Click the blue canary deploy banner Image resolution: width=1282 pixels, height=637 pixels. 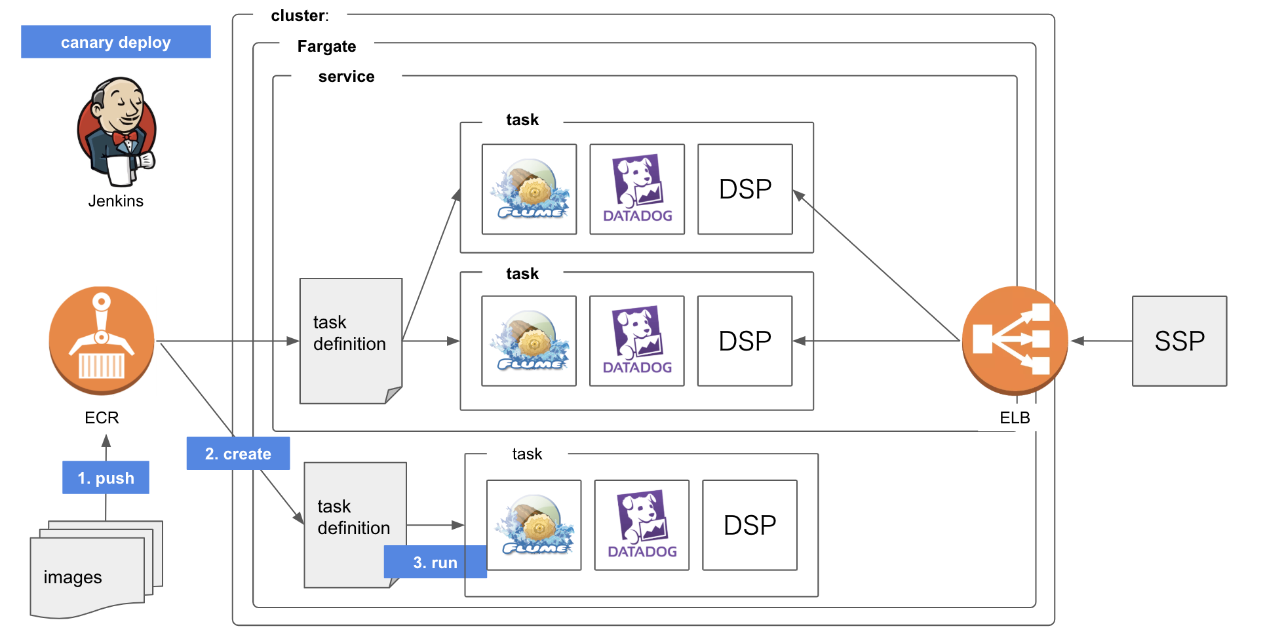(115, 42)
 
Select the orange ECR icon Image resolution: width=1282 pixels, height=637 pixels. (102, 340)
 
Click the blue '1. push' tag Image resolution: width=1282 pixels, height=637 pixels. (106, 478)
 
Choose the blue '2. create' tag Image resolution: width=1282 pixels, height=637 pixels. (238, 454)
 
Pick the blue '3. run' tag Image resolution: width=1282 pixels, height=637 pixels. (435, 562)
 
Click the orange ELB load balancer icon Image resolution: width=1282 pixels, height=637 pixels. (1014, 340)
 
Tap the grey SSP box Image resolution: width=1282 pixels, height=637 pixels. (1179, 341)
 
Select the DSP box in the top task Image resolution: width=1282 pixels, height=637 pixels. (745, 189)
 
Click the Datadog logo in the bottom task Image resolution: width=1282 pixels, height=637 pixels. (642, 525)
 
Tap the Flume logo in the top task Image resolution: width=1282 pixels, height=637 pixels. (530, 189)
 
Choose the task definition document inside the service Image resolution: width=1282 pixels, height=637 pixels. (351, 340)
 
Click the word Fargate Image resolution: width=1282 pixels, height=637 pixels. (326, 47)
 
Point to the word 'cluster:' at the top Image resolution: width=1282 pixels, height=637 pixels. (300, 16)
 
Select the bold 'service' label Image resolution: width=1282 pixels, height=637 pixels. (346, 77)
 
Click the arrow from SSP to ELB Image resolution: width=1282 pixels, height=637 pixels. (1101, 341)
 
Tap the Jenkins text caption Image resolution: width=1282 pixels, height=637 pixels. (116, 201)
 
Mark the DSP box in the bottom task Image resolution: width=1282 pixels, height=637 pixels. (750, 525)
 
